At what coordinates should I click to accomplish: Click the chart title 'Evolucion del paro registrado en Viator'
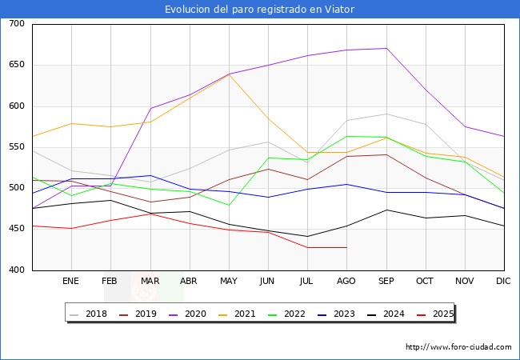[x=259, y=10]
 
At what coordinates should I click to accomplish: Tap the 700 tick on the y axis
[x=17, y=24]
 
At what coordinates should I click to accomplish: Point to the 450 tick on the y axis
[x=17, y=229]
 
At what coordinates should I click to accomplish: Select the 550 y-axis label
[x=17, y=147]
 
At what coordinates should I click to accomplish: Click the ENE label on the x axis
[x=71, y=281]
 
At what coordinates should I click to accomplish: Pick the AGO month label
[x=346, y=281]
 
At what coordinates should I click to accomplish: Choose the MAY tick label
[x=229, y=281]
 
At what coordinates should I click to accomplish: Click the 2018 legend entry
[x=89, y=314]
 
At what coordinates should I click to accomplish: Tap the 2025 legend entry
[x=437, y=314]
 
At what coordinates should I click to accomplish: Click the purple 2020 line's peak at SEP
[x=386, y=48]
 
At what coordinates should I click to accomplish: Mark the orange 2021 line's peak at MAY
[x=229, y=74]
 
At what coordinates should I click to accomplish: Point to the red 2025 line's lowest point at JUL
[x=307, y=247]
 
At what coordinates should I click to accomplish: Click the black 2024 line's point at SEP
[x=386, y=210]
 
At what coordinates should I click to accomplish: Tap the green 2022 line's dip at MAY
[x=229, y=206]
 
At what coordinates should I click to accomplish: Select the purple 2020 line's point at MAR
[x=150, y=108]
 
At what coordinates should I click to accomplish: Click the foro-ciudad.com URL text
[x=458, y=347]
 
